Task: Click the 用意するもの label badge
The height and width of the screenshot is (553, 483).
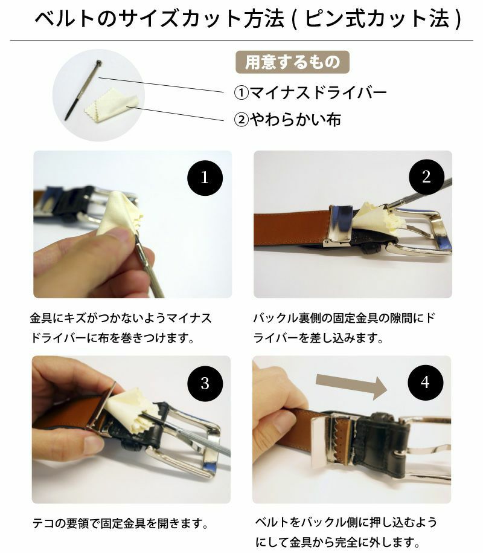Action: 292,62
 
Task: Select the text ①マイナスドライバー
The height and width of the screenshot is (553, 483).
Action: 310,92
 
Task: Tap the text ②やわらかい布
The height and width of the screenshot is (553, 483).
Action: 287,120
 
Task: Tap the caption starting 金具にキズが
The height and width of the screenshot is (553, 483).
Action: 121,327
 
